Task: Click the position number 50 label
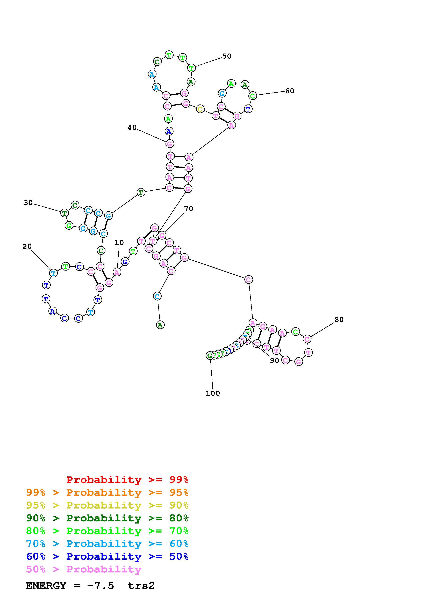click(226, 56)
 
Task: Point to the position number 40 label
click(132, 127)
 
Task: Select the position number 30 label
click(28, 203)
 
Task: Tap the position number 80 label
click(339, 320)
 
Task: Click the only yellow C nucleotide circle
click(200, 109)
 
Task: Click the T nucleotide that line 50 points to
click(191, 68)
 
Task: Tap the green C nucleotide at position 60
click(252, 96)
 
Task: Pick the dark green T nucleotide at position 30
click(64, 213)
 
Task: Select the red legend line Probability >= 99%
click(127, 480)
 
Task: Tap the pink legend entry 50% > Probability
click(84, 569)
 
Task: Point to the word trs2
click(141, 586)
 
